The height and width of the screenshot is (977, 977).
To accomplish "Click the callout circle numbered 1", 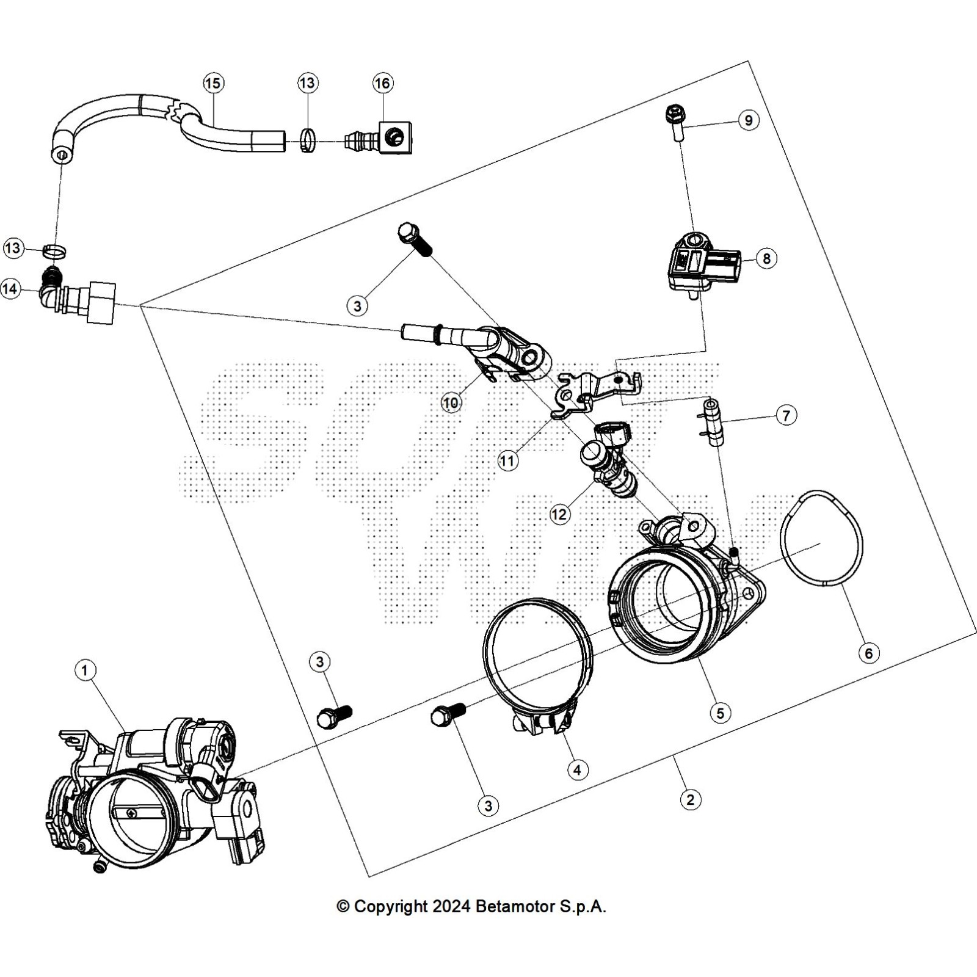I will point(85,670).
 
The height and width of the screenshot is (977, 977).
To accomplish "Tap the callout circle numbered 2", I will point(690,799).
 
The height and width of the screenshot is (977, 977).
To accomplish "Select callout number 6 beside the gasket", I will point(868,653).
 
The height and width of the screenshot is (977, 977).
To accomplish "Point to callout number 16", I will point(383,83).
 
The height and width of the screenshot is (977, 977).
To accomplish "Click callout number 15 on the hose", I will point(213,83).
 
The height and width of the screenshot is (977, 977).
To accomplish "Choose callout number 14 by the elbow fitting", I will point(10,289).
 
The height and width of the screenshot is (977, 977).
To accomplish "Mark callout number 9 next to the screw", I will point(749,120).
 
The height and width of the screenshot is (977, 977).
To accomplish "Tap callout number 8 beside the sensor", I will point(766,258).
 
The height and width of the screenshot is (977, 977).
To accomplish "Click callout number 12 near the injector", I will point(559,514).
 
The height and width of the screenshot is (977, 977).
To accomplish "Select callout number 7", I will point(786,416).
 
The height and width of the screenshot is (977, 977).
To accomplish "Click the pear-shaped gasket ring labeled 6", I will point(822,539).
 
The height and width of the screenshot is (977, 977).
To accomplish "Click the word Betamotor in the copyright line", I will point(514,907).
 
